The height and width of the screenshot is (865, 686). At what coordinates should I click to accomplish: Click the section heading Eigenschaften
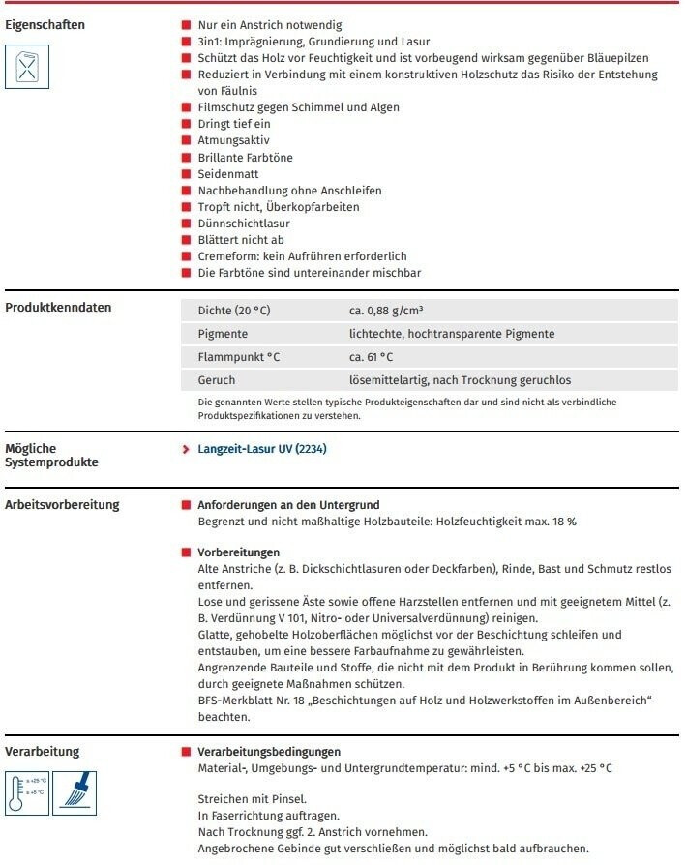[45, 23]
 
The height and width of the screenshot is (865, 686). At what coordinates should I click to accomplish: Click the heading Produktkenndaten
[58, 308]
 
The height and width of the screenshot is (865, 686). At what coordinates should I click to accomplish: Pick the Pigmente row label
[222, 334]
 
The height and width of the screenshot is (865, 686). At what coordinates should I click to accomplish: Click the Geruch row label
[216, 380]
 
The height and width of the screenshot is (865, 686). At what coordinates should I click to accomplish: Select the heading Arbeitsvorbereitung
[62, 505]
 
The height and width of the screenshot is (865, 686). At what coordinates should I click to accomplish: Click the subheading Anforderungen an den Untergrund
[288, 505]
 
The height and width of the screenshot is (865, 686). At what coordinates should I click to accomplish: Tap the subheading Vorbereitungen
[238, 552]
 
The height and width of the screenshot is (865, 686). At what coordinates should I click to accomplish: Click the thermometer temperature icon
[26, 790]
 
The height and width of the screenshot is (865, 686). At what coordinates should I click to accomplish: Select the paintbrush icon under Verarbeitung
[70, 790]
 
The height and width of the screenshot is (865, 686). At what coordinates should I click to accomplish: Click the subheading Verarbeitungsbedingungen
[268, 752]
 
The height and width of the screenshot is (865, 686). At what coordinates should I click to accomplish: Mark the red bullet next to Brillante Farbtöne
[186, 157]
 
